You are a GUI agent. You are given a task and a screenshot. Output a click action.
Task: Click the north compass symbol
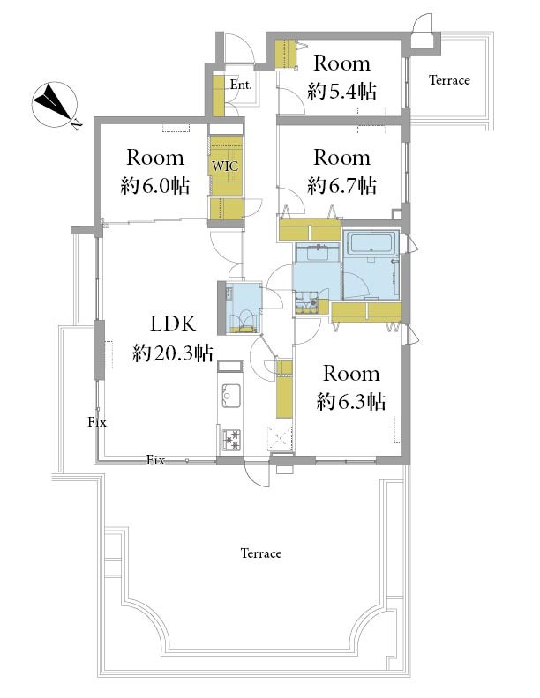coord(55,105)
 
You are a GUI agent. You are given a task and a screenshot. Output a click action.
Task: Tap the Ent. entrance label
coord(241,84)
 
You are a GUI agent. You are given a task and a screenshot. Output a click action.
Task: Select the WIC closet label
coord(225,166)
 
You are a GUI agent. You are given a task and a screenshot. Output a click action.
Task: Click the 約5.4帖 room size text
coord(341,93)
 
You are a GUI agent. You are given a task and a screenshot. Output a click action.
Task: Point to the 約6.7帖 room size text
coord(341,186)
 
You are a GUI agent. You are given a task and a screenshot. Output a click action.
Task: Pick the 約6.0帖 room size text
coord(155,186)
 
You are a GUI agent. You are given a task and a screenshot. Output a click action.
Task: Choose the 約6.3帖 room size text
coord(351,402)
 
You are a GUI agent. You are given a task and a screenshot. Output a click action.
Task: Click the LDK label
coord(173,323)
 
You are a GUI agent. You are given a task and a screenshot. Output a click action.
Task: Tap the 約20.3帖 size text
coord(173,353)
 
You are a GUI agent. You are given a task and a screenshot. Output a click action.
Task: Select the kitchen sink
coord(231,395)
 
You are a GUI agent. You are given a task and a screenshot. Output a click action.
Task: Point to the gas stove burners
coord(231,440)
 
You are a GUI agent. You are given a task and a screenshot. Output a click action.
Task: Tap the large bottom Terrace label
coord(261,553)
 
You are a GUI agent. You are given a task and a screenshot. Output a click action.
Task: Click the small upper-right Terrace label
coord(449,80)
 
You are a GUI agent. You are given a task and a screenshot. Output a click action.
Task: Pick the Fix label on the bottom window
coord(155,460)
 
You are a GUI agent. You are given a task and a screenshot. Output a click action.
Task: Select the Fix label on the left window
coord(97,421)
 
